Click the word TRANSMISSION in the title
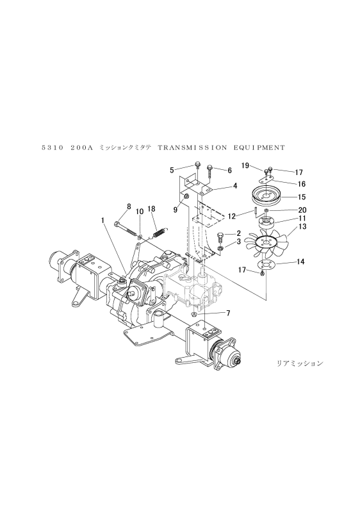point(193,147)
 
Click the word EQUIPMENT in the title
point(259,147)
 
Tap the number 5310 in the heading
point(53,147)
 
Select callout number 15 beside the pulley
point(302,197)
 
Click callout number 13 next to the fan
point(302,226)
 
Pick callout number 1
point(102,221)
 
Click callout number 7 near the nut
point(228,313)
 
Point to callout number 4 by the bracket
point(235,186)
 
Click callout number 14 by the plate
point(300,262)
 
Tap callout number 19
point(245,165)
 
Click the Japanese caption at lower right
point(300,363)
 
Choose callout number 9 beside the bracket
point(176,210)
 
